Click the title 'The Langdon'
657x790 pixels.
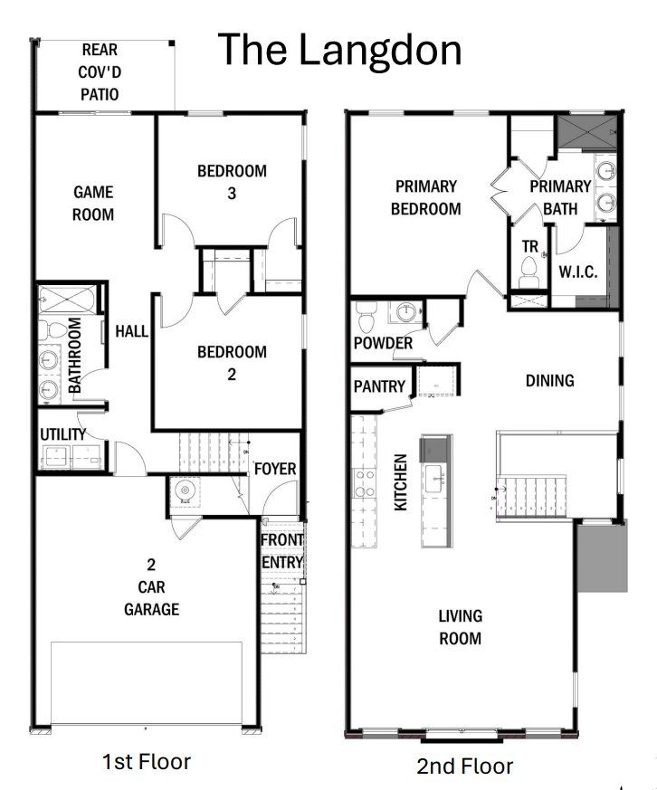pyautogui.click(x=340, y=50)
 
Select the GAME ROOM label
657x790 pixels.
pyautogui.click(x=93, y=203)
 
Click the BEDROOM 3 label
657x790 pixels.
pyautogui.click(x=232, y=181)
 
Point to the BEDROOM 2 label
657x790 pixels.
pyautogui.click(x=232, y=362)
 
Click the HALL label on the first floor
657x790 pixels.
pyautogui.click(x=131, y=332)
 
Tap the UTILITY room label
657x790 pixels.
pyautogui.click(x=63, y=434)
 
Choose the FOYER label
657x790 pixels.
pyautogui.click(x=275, y=469)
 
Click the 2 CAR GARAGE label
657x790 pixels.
pyautogui.click(x=151, y=586)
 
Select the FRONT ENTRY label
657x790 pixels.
pyautogui.click(x=282, y=550)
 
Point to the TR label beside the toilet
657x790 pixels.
pyautogui.click(x=529, y=245)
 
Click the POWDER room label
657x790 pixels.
pyautogui.click(x=383, y=343)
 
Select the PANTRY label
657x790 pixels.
pyautogui.click(x=379, y=386)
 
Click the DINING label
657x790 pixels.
pyautogui.click(x=549, y=380)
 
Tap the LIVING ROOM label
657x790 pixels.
pyautogui.click(x=460, y=626)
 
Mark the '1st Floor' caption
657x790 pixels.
pyautogui.click(x=147, y=761)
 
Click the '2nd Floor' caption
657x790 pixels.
pyautogui.click(x=464, y=766)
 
